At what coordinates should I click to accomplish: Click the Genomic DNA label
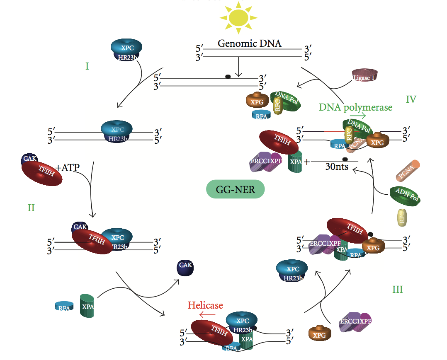pyautogui.click(x=249, y=43)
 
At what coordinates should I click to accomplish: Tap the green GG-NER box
pyautogui.click(x=235, y=190)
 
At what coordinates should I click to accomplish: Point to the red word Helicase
pyautogui.click(x=205, y=306)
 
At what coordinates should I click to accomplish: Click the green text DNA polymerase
pyautogui.click(x=355, y=107)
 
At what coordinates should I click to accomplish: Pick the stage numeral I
pyautogui.click(x=87, y=66)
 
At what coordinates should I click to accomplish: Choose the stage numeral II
pyautogui.click(x=31, y=208)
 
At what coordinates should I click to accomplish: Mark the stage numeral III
pyautogui.click(x=397, y=289)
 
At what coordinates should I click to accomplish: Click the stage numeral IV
pyautogui.click(x=411, y=99)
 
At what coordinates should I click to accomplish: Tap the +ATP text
pyautogui.click(x=67, y=167)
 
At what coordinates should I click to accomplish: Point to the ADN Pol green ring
pyautogui.click(x=405, y=195)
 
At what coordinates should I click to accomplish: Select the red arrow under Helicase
pyautogui.click(x=207, y=315)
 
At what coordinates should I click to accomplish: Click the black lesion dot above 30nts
pyautogui.click(x=344, y=159)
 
